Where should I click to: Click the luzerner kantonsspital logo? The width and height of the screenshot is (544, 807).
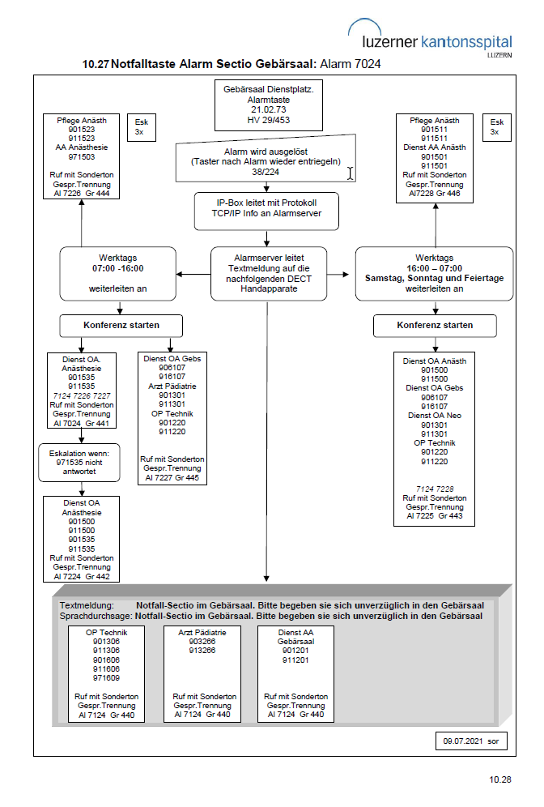[431, 38]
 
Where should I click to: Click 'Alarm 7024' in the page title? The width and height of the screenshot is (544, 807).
[351, 64]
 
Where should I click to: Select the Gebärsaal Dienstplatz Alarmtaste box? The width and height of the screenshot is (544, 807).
[269, 105]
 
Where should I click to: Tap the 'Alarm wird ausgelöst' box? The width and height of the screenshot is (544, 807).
[266, 159]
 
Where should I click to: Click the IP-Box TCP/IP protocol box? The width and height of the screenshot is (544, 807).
[266, 211]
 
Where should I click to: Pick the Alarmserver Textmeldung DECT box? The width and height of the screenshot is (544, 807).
[269, 273]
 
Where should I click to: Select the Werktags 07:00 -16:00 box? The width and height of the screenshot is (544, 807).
[117, 273]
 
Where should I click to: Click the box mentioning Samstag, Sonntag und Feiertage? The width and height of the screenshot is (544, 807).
[434, 273]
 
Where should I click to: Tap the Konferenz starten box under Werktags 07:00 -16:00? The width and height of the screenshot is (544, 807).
[121, 325]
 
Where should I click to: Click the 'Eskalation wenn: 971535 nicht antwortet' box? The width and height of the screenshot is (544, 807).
[79, 463]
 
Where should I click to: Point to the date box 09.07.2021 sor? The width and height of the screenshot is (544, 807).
[471, 741]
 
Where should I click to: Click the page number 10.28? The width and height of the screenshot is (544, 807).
[500, 779]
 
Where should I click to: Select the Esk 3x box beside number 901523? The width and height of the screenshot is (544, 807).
[142, 127]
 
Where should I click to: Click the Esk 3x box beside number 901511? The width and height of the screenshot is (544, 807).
[497, 127]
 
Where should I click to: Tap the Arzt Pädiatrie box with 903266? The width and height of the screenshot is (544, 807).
[202, 673]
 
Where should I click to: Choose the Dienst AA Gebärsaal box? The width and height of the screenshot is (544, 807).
[295, 673]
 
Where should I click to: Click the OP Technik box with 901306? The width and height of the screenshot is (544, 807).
[106, 673]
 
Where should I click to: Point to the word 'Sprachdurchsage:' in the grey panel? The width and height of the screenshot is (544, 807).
[96, 616]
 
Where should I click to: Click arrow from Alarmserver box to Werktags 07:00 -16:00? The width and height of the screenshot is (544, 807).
[193, 275]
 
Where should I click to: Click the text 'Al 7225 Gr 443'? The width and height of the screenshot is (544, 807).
[435, 515]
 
